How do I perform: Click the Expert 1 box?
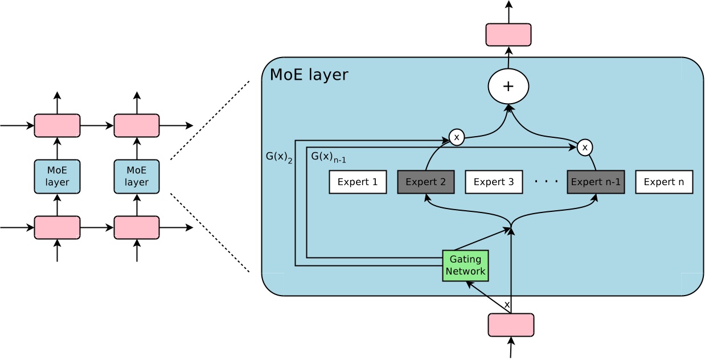coord(358,182)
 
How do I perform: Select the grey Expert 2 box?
coord(425,182)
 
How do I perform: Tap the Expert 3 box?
coord(494,182)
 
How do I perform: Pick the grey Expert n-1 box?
coord(596,182)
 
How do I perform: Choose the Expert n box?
coord(664,182)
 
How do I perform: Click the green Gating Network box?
coord(465,265)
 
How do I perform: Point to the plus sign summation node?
coord(509,87)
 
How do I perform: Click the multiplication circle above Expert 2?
coord(456,137)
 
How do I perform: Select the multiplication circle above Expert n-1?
coord(584,148)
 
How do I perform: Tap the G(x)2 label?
coord(279,157)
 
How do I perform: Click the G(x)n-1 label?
coord(328,156)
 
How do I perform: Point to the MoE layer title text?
coord(309,75)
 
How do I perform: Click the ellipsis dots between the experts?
coord(546,182)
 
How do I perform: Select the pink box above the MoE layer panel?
coord(509,35)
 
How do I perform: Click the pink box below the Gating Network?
coord(511,325)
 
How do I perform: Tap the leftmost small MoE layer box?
coord(57,177)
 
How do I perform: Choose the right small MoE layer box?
coord(137,177)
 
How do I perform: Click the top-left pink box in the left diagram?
coord(57,126)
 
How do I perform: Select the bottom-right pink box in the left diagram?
coord(137,228)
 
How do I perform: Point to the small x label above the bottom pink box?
coord(507,305)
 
